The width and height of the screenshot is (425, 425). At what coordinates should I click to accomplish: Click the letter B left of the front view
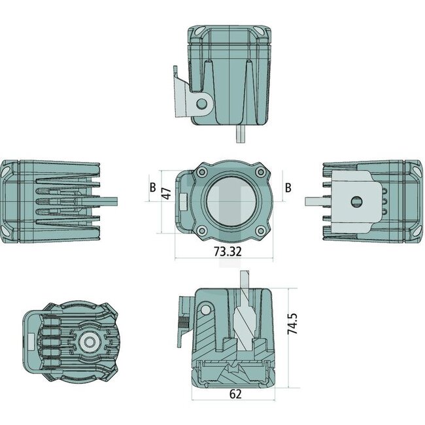coord(152,188)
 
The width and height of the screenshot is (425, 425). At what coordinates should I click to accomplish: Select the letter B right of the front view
coord(288,188)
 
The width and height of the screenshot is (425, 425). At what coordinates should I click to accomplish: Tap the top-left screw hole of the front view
coord(203,172)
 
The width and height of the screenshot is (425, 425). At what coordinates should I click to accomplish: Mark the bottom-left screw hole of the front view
coord(203,230)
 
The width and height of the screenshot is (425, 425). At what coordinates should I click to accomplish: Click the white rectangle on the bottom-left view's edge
coord(29,341)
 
